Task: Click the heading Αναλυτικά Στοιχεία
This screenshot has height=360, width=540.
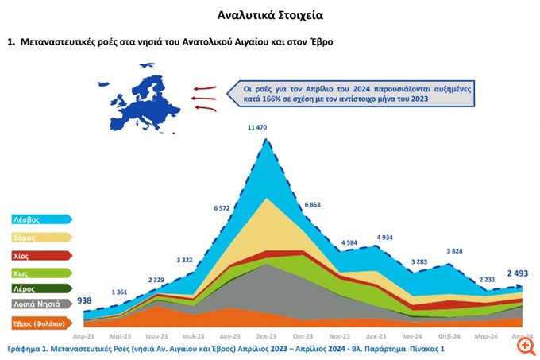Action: click(270, 15)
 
